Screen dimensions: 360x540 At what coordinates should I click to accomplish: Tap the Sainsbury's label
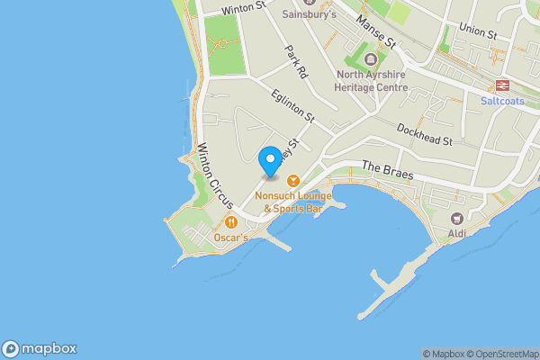[x=309, y=14]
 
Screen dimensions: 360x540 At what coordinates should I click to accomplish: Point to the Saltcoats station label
[x=502, y=102]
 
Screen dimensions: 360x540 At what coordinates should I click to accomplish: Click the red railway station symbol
[x=502, y=85]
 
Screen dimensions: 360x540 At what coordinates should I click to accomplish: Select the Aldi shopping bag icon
[x=456, y=218]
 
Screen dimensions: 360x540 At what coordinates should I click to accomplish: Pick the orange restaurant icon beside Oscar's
[x=231, y=221]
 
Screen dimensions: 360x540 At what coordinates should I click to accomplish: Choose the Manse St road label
[x=376, y=31]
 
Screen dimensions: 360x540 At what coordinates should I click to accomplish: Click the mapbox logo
[x=40, y=348]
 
